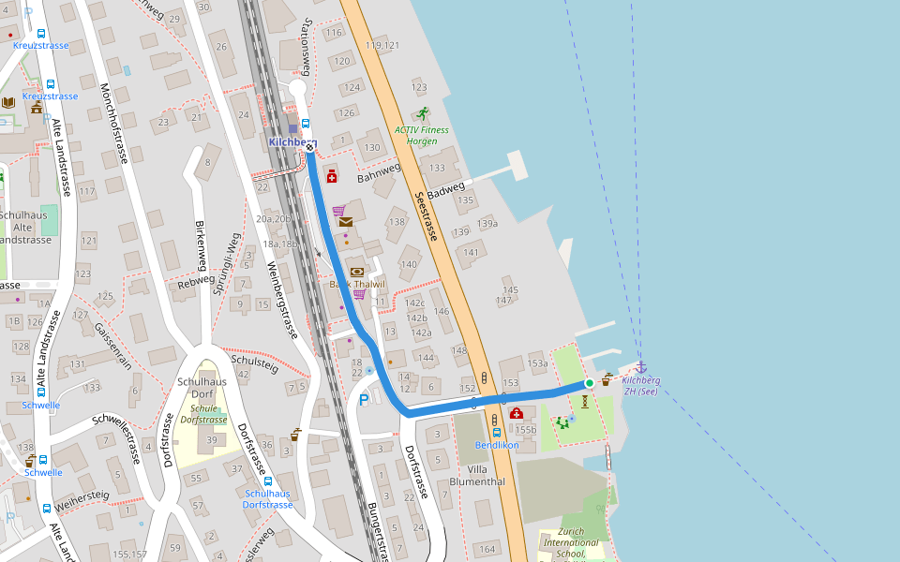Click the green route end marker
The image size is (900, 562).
590,383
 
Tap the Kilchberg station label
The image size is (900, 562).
292,142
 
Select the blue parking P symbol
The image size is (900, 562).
364,400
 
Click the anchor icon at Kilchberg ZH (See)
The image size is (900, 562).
641,367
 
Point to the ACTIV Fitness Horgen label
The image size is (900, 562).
422,136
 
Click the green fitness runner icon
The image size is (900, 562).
423,113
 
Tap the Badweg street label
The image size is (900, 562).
447,192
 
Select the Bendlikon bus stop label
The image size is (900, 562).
497,445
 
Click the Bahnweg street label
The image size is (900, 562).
379,173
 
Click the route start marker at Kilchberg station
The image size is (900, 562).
309,148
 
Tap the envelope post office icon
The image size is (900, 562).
346,222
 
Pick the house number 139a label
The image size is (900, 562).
487,224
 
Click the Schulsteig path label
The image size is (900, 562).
254,362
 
